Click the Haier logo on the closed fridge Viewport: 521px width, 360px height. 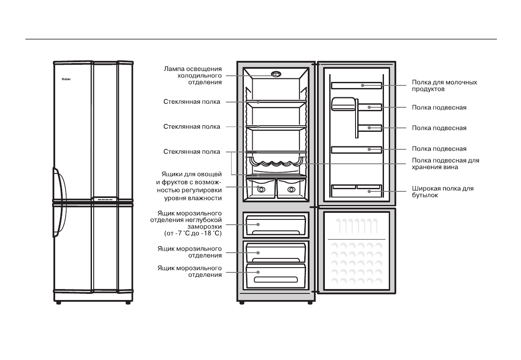pos(64,80)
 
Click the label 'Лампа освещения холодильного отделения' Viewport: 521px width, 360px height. pos(193,75)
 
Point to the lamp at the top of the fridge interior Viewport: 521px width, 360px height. pos(275,74)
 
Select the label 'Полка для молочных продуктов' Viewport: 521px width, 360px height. pos(444,85)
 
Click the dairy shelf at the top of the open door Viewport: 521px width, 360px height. pos(356,85)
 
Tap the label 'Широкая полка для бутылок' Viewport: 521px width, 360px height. pos(442,192)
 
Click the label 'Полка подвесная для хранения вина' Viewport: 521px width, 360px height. pos(445,164)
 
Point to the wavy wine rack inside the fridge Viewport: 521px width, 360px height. pos(275,164)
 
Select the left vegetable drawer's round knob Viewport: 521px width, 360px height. pos(261,189)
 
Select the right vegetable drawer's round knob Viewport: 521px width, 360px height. pos(291,189)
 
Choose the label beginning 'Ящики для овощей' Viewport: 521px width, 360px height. pos(189,186)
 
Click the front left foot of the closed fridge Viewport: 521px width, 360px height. pos(58,303)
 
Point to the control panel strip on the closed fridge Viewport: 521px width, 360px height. pos(104,200)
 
